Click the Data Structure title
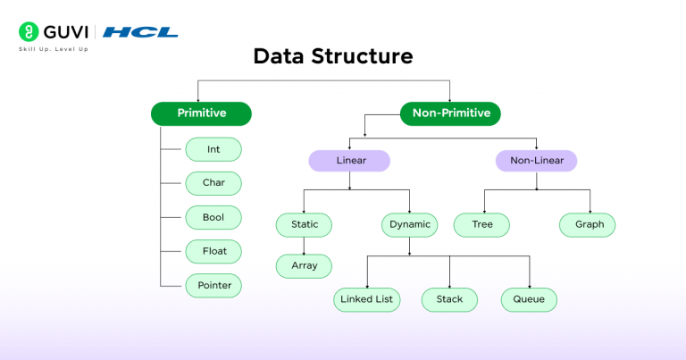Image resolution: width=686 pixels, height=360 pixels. click(332, 57)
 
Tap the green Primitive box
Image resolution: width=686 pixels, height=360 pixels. click(201, 113)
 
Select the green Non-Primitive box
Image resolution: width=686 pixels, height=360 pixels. click(450, 113)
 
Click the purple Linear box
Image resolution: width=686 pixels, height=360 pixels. click(350, 161)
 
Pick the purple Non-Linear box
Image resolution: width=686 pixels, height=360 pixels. click(536, 161)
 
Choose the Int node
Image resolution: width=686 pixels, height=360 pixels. click(213, 149)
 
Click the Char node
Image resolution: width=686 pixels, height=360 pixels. click(213, 183)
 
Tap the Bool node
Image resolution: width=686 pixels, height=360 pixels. click(213, 217)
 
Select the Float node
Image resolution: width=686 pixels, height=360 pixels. click(213, 251)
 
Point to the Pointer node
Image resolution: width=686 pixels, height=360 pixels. click(213, 285)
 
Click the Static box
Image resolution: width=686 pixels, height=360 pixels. click(304, 224)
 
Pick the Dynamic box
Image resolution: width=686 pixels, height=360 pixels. click(409, 224)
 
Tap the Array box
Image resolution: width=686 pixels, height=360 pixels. click(304, 265)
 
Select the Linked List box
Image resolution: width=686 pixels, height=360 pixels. click(368, 298)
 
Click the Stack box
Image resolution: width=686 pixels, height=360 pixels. click(449, 298)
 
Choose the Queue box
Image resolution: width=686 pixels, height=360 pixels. click(529, 298)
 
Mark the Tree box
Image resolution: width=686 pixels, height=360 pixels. click(482, 224)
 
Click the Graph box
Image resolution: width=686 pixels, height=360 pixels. click(589, 224)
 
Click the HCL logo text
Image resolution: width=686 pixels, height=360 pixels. click(140, 32)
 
